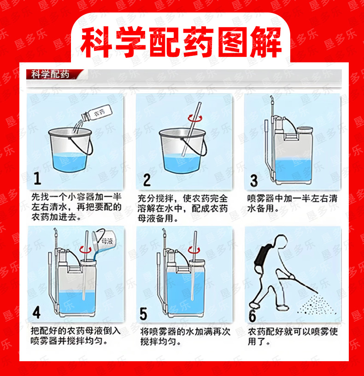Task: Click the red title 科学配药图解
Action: coord(181,42)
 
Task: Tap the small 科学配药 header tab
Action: coord(50,74)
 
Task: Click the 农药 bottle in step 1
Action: coord(97,113)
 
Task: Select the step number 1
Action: coord(37,178)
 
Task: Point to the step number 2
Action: coord(147,180)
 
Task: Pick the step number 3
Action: coord(254,181)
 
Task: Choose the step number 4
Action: coord(36,312)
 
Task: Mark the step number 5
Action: coord(143,314)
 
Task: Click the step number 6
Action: coord(252,316)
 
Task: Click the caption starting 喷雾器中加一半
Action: coord(292,203)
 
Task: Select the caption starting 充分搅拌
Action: coord(182,208)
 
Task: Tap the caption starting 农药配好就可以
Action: coord(293,337)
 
